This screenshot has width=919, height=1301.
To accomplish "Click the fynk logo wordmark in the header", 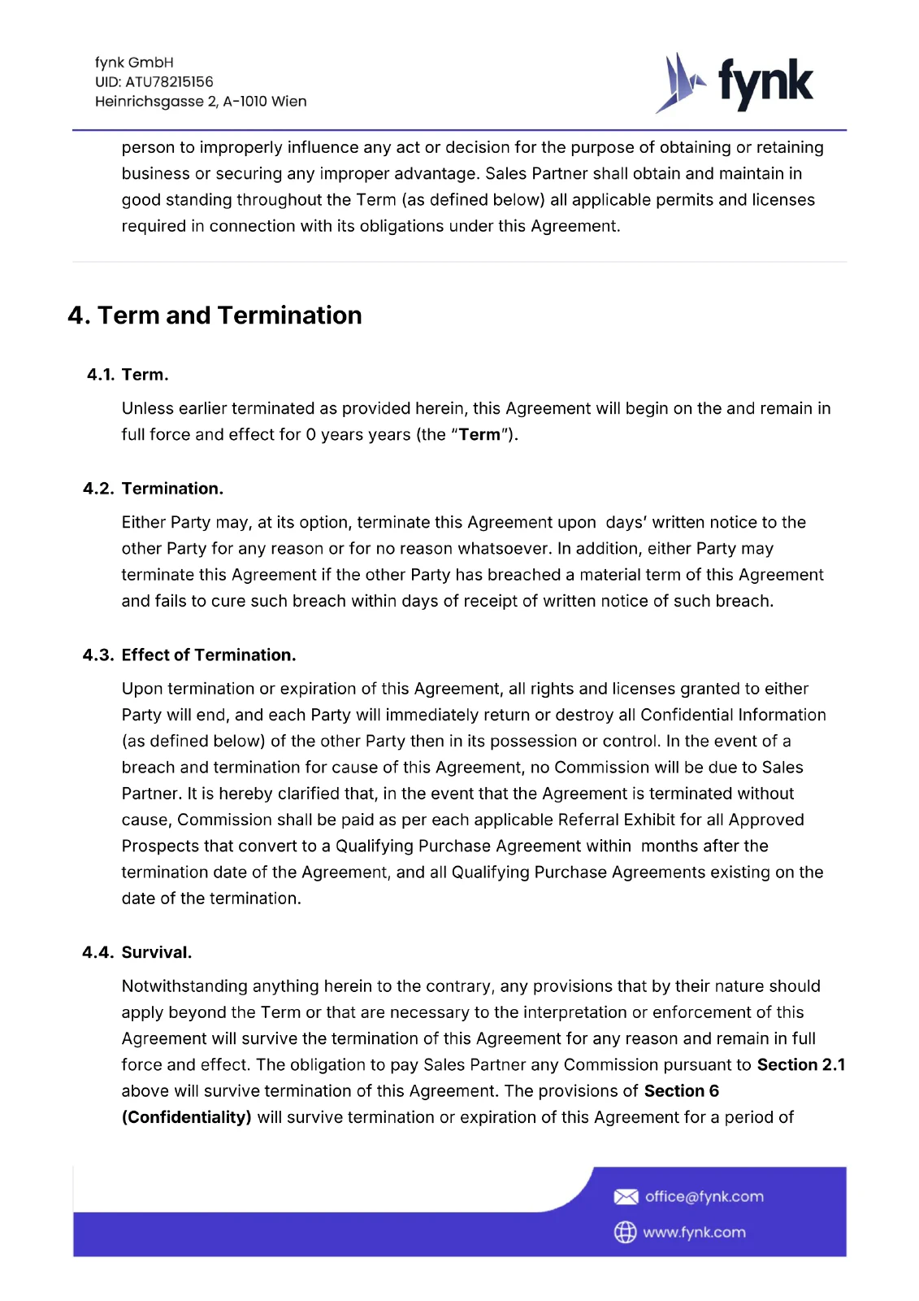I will [765, 84].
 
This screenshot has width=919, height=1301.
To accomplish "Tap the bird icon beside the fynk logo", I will [679, 83].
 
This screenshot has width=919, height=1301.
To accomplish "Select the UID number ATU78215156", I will [169, 82].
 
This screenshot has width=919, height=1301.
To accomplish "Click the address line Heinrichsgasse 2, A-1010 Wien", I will [201, 102].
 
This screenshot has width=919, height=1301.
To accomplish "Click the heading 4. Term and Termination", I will [215, 315].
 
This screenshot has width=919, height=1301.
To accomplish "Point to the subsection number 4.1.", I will [101, 375].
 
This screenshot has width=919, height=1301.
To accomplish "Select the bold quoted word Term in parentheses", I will [479, 435].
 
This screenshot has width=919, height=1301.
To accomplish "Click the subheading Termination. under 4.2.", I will [172, 489].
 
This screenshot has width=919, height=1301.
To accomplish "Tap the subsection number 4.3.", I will [98, 655].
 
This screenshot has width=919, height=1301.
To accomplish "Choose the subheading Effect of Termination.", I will [209, 655].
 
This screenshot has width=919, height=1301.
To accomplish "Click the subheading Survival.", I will [157, 953].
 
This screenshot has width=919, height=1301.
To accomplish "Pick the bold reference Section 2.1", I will [800, 1065].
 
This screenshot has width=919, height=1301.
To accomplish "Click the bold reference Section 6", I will [681, 1091].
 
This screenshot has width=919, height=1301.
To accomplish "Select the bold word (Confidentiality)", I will [186, 1117].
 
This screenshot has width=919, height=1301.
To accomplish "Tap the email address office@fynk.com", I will [704, 1197].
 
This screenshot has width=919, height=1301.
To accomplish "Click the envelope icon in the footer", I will [626, 1197].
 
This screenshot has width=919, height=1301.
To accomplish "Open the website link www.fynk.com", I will [694, 1233].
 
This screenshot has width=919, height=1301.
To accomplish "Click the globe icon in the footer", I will [625, 1233].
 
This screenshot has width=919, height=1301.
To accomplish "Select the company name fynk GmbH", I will [134, 63].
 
